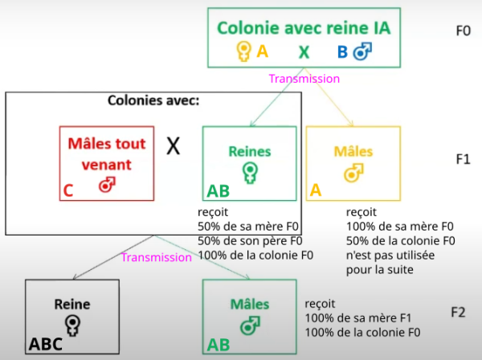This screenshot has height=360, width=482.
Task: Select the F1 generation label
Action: pyautogui.click(x=462, y=159)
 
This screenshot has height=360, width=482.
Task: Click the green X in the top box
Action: pyautogui.click(x=304, y=53)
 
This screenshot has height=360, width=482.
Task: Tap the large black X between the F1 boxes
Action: pyautogui.click(x=173, y=145)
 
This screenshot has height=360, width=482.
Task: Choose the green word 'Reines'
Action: pyautogui.click(x=250, y=151)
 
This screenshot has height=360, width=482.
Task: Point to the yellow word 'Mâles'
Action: pyautogui.click(x=353, y=151)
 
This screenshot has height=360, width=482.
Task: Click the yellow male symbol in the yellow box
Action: pyautogui.click(x=353, y=173)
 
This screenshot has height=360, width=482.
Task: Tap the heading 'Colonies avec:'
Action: pyautogui.click(x=153, y=102)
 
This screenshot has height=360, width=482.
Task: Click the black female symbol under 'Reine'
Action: pyautogui.click(x=73, y=325)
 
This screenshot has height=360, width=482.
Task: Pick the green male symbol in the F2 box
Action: pyautogui.click(x=250, y=326)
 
